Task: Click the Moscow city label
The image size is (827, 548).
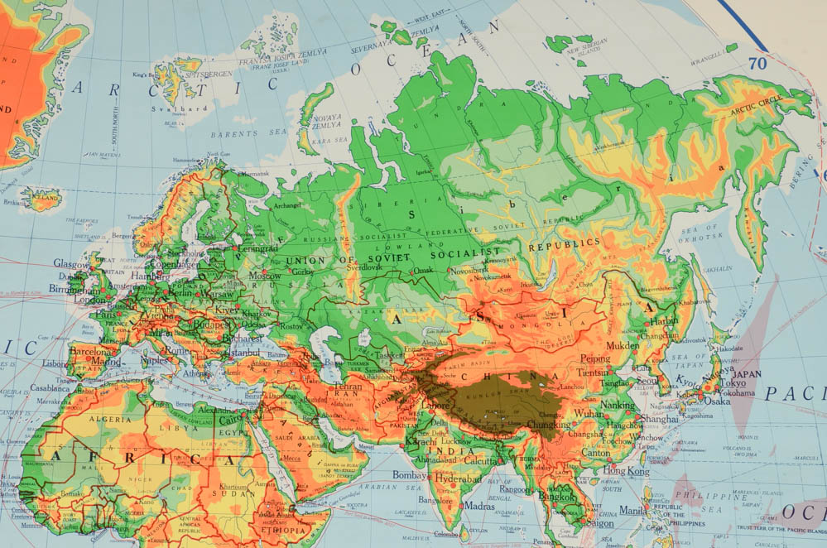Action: coord(265,276)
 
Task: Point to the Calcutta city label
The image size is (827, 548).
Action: coord(481,461)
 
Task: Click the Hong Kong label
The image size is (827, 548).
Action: coord(626,470)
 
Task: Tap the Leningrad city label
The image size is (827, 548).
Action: coord(257,248)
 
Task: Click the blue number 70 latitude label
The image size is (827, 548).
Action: coord(757,63)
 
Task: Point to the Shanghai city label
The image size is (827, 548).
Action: coord(659,419)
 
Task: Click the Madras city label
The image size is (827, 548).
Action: coord(478,506)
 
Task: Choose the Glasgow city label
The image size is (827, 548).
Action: coord(70,263)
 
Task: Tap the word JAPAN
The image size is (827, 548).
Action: coord(747,373)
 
